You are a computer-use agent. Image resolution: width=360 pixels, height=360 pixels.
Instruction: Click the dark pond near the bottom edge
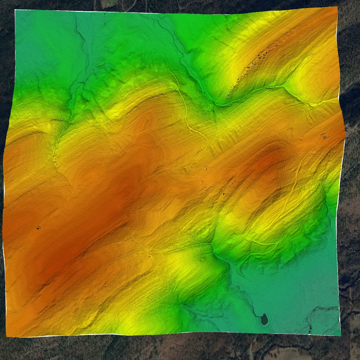[264, 319]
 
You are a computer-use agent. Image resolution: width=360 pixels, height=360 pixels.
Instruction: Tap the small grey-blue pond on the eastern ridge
[324, 137]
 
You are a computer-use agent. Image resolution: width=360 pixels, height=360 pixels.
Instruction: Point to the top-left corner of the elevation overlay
[15, 10]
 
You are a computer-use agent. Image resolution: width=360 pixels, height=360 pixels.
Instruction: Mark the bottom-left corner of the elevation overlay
[7, 336]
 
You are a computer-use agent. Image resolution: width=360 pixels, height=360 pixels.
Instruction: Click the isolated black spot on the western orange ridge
[38, 228]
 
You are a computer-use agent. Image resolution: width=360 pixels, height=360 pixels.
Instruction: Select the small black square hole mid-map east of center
[223, 194]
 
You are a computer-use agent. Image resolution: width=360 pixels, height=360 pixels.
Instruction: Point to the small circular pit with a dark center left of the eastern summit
[206, 168]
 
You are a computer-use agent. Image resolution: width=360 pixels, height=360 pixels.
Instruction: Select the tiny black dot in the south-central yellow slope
[149, 255]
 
